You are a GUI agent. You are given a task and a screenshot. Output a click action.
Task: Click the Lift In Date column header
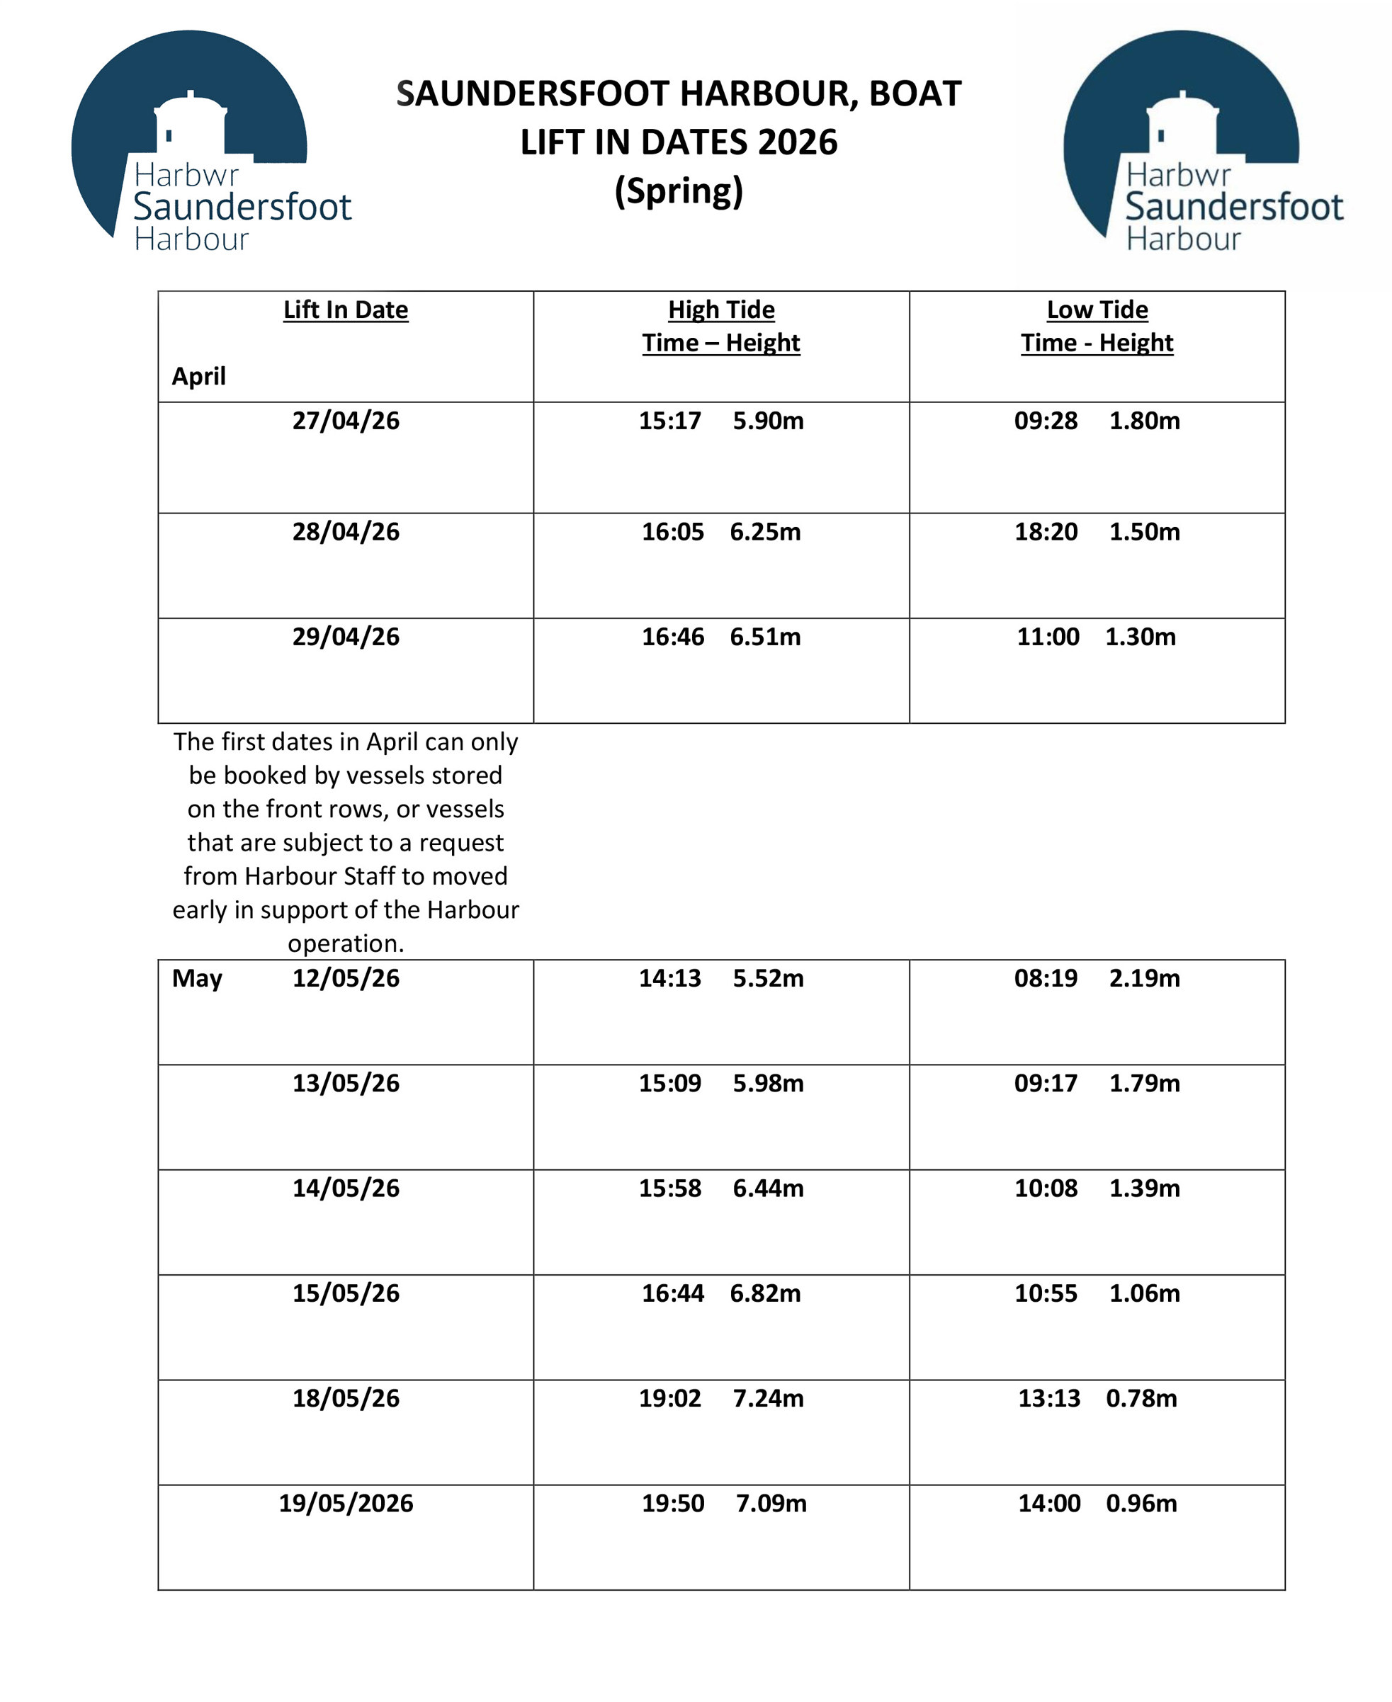(x=346, y=310)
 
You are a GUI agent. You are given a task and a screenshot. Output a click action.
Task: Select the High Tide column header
(x=721, y=310)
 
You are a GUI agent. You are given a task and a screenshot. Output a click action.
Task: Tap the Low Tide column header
(x=1097, y=310)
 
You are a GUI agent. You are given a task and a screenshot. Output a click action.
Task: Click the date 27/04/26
(x=346, y=421)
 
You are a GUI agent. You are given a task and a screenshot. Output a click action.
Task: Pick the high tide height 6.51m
(x=765, y=637)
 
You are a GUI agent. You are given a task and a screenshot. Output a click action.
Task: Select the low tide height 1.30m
(x=1141, y=637)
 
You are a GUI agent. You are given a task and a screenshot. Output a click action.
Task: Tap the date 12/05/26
(x=346, y=979)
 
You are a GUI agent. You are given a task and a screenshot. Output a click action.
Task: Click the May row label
(x=196, y=979)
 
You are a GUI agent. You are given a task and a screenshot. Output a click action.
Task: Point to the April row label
(x=198, y=376)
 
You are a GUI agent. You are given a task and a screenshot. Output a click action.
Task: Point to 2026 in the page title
(x=797, y=142)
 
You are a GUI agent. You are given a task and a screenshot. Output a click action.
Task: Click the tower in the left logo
(x=190, y=124)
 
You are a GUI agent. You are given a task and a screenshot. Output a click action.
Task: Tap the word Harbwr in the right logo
(x=1178, y=175)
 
